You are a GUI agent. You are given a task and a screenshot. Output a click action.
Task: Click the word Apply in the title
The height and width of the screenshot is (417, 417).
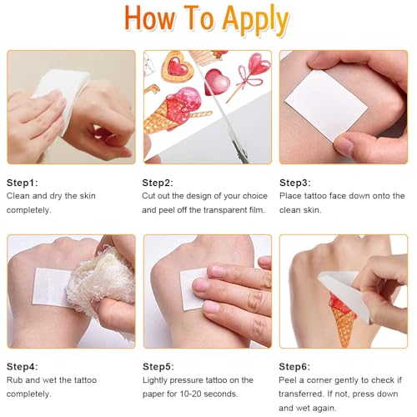pyautogui.click(x=256, y=20)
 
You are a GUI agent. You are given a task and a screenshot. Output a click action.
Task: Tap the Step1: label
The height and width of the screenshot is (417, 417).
pyautogui.click(x=23, y=183)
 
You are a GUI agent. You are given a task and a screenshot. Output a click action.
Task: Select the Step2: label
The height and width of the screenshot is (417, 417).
pyautogui.click(x=158, y=183)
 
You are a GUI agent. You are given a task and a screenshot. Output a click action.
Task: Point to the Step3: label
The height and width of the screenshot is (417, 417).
pyautogui.click(x=295, y=183)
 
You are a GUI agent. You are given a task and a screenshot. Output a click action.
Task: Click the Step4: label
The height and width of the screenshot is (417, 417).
pyautogui.click(x=23, y=367)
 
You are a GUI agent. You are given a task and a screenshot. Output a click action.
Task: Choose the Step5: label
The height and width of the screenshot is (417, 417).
pyautogui.click(x=158, y=367)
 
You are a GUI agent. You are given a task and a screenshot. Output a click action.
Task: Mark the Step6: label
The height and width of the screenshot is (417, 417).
pyautogui.click(x=294, y=367)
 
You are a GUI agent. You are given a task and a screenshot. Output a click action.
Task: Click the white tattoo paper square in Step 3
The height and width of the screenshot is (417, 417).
pyautogui.click(x=326, y=105)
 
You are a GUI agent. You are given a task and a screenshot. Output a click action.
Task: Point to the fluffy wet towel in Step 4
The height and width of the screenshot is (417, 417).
pyautogui.click(x=102, y=281)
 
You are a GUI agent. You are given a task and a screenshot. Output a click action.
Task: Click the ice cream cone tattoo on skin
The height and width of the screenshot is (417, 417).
pyautogui.click(x=343, y=317)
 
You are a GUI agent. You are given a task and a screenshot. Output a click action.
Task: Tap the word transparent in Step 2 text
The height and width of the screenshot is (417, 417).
pyautogui.click(x=219, y=210)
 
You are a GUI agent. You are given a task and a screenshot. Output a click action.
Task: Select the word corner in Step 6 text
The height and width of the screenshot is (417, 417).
pyautogui.click(x=322, y=380)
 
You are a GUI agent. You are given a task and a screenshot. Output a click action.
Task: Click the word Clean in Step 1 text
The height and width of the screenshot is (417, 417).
pyautogui.click(x=18, y=196)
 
